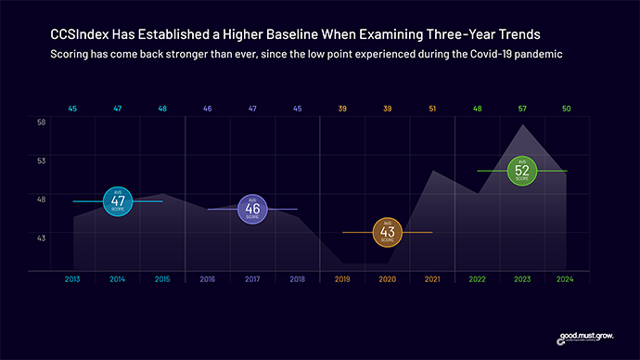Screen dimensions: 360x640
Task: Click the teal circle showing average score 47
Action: (x=118, y=201)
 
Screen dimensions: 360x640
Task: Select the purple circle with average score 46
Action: (x=252, y=209)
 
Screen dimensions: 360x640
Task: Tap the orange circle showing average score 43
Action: (x=387, y=232)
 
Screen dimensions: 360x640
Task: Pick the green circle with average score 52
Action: (x=521, y=171)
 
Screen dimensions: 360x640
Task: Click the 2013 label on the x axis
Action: (x=72, y=278)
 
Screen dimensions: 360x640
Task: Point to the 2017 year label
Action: (x=252, y=278)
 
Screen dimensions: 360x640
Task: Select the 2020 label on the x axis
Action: (x=387, y=278)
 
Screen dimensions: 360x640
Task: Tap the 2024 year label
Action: (x=566, y=278)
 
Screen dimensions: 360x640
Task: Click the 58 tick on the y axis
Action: (x=42, y=122)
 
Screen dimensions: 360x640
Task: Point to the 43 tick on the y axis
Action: (x=42, y=238)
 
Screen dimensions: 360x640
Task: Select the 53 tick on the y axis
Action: (x=42, y=161)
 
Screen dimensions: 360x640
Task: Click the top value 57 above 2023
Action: (x=521, y=109)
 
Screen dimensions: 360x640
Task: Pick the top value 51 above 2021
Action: (x=431, y=109)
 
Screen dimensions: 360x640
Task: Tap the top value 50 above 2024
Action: (x=566, y=109)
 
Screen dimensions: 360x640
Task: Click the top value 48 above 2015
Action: (x=162, y=109)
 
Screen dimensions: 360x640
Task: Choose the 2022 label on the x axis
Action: (x=477, y=278)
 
